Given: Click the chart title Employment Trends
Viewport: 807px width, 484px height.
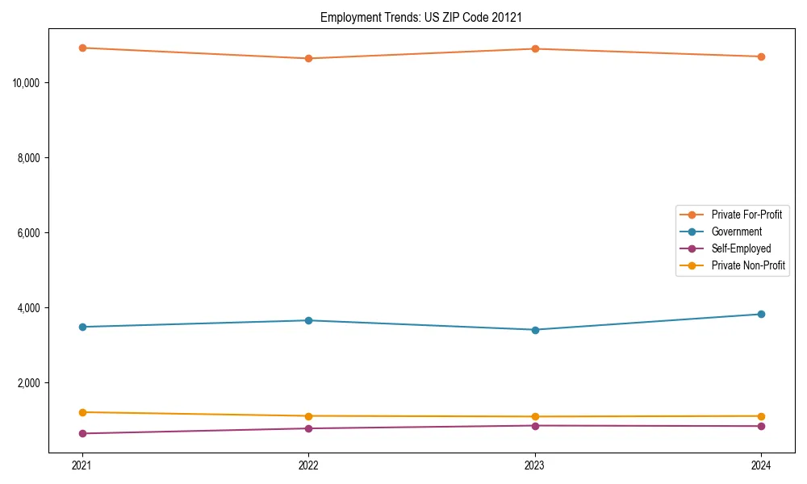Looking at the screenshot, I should (x=416, y=17).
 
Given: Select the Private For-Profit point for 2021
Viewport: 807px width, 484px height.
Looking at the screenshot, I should (x=82, y=48).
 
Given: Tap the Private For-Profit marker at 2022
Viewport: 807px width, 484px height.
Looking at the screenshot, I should (x=308, y=58).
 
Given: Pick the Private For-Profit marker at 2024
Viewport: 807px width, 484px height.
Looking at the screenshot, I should (x=761, y=56).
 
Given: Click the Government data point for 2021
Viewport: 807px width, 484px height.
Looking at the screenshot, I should (x=82, y=327).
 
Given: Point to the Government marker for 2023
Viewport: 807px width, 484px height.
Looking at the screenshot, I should (x=535, y=329).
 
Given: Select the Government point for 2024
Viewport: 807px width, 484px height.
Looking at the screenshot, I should (x=761, y=314).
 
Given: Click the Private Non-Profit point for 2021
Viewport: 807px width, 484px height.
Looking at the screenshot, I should (x=82, y=412).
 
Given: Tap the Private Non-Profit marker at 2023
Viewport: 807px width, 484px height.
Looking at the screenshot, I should (x=535, y=416).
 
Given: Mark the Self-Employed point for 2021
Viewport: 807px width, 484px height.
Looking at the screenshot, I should (x=82, y=433).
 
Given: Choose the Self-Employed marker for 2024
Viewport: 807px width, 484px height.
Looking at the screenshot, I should (x=761, y=426).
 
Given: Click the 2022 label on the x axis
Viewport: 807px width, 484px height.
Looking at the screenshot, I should (x=308, y=465).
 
